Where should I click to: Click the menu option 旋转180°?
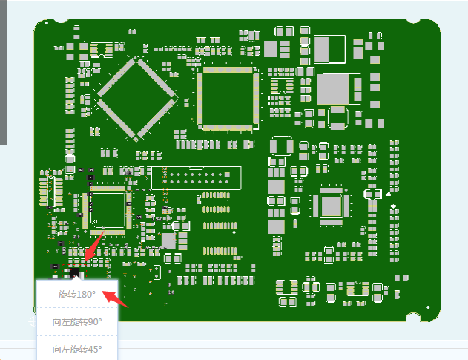point(77,294)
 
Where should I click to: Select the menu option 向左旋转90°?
point(77,321)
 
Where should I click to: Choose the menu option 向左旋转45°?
point(77,348)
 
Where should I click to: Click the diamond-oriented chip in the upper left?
point(138,99)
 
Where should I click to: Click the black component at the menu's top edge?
point(77,275)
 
